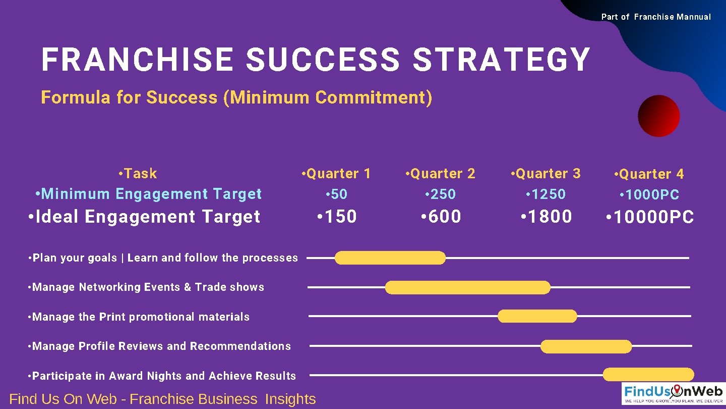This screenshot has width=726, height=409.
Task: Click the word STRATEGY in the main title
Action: (501, 60)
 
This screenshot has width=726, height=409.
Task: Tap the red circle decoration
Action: (658, 116)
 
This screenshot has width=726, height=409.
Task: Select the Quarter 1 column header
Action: (336, 174)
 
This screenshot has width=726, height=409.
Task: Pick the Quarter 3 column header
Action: (546, 174)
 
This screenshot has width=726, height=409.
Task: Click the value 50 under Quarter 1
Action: (337, 194)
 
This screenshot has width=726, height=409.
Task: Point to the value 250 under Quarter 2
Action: (441, 194)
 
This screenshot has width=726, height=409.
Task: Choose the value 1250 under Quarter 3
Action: (546, 194)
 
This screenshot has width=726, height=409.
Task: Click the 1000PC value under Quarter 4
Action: (649, 194)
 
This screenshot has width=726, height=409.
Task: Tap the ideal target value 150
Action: (337, 217)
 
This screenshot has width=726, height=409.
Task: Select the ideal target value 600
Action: (441, 217)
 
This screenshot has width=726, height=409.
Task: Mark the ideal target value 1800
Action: (546, 217)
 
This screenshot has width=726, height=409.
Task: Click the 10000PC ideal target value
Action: (650, 217)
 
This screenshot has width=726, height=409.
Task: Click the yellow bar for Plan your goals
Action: (390, 258)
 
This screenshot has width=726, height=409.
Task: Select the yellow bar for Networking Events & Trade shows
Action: (468, 287)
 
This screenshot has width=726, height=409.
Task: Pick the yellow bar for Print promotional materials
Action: (537, 316)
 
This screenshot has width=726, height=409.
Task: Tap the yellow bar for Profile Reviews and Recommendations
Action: (586, 346)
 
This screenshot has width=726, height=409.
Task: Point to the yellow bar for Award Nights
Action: (648, 375)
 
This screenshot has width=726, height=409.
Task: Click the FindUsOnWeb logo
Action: (673, 393)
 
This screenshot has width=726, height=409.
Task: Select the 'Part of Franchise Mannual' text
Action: (656, 17)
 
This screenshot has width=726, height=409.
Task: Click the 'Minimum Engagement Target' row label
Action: (149, 194)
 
